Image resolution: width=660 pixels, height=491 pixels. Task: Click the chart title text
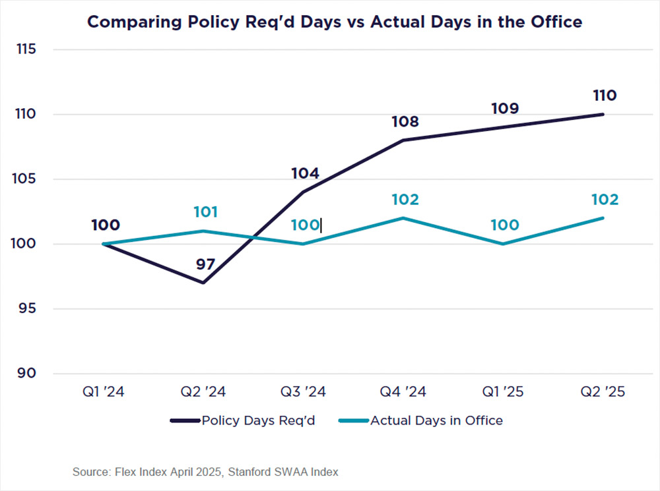click(x=335, y=22)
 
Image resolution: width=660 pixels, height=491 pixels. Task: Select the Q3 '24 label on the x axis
click(x=303, y=391)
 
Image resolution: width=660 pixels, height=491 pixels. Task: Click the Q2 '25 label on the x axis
click(x=602, y=391)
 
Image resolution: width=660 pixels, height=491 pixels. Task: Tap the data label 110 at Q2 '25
click(x=604, y=96)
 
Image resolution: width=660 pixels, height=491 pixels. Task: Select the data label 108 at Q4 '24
click(x=405, y=122)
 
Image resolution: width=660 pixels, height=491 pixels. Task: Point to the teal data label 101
click(x=205, y=212)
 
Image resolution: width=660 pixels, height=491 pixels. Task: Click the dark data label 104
click(x=305, y=173)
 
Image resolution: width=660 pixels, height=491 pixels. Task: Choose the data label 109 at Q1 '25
click(x=504, y=109)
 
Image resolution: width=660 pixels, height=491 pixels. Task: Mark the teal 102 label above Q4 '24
click(x=405, y=200)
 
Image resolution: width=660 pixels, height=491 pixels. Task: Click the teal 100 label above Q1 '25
click(x=504, y=225)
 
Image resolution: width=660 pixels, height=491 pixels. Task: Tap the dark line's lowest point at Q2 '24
click(x=203, y=283)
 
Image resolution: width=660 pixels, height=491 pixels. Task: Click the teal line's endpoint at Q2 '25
click(x=602, y=218)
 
